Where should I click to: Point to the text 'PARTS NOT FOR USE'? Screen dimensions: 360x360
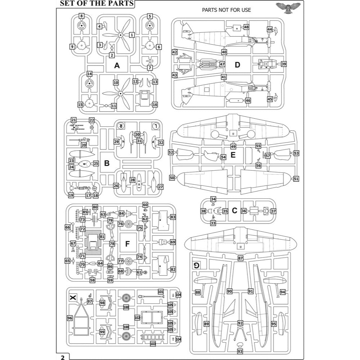[226, 10]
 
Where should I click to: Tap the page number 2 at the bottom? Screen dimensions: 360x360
[62, 357]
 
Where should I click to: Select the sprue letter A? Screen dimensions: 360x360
[117, 66]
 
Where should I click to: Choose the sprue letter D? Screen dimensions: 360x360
[237, 65]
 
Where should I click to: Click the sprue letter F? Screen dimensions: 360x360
[127, 244]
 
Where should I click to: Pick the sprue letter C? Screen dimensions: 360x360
[234, 211]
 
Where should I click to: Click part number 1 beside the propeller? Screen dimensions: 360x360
[132, 35]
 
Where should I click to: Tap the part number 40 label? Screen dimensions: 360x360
[224, 52]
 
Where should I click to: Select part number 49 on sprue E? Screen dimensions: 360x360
[233, 147]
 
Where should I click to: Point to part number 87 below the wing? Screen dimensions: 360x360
[240, 258]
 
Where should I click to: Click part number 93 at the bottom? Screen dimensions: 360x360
[240, 351]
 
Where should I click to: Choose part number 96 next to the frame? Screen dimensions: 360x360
[70, 318]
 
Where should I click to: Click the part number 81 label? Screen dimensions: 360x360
[102, 237]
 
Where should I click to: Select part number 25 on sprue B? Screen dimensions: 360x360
[96, 163]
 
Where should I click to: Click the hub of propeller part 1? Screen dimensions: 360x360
[121, 35]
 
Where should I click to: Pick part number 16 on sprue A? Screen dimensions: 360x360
[155, 104]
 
